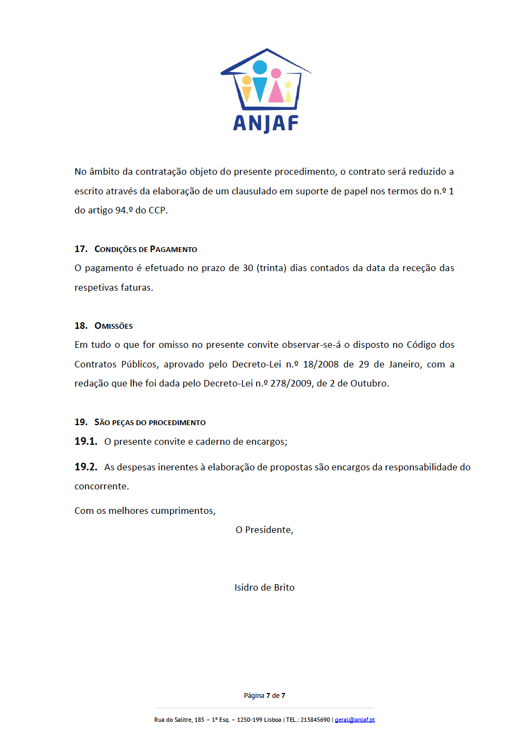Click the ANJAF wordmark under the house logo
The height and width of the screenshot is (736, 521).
(x=266, y=123)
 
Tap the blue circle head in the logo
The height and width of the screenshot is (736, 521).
(x=260, y=67)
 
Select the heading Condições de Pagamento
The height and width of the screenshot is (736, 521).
(x=146, y=249)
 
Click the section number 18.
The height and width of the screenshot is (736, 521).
(x=81, y=326)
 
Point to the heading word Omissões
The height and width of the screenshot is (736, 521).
(x=113, y=326)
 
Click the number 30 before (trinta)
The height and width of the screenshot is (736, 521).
(x=248, y=268)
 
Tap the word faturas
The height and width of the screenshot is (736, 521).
(x=136, y=287)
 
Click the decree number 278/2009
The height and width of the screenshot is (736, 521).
(x=291, y=383)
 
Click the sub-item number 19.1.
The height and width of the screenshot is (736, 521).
(x=86, y=441)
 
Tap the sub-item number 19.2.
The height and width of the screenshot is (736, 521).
(x=86, y=467)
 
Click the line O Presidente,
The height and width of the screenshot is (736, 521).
(x=264, y=530)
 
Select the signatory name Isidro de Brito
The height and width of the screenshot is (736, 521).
(x=264, y=587)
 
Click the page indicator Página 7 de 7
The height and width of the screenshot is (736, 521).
(x=264, y=696)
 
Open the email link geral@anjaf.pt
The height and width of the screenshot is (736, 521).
(x=355, y=720)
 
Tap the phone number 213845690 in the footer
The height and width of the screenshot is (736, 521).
(x=315, y=720)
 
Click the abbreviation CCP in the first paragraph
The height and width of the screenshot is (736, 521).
(x=157, y=210)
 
